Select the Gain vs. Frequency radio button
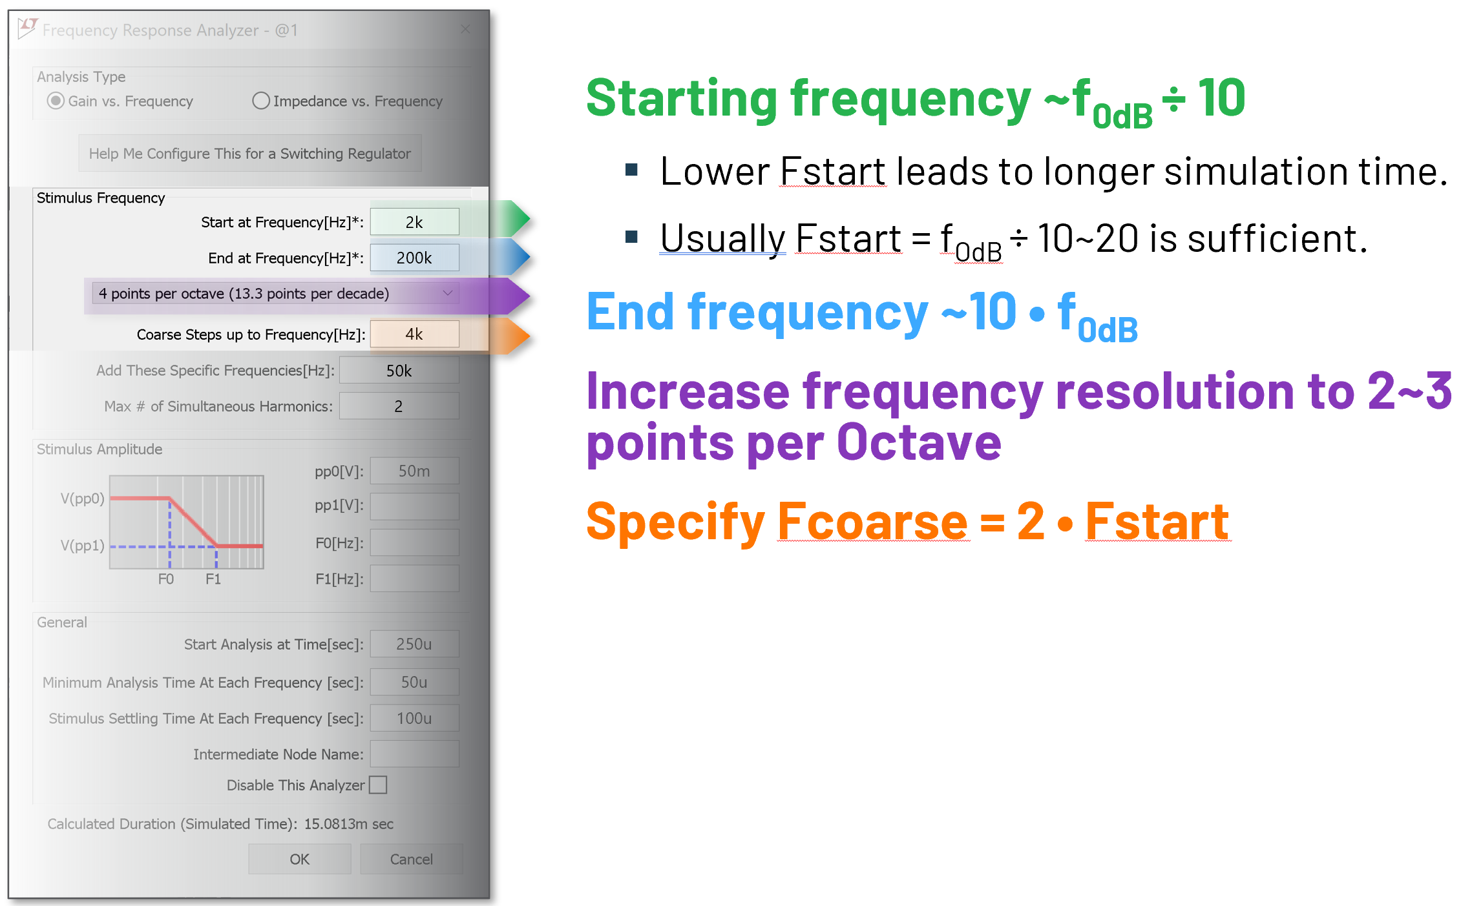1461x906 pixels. point(56,101)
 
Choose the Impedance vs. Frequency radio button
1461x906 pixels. point(261,101)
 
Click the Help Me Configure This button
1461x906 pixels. point(250,154)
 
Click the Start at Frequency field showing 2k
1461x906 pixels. point(414,222)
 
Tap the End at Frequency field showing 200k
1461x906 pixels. point(414,258)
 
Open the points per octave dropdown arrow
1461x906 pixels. point(448,293)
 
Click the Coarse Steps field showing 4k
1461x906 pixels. point(414,334)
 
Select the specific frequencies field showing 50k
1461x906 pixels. point(399,371)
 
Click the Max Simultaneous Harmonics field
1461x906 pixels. point(399,406)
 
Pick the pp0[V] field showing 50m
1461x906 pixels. point(414,471)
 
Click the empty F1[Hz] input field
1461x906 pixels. point(414,579)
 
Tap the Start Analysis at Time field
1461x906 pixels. point(414,644)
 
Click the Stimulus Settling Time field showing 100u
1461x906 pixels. point(414,718)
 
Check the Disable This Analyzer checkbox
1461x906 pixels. point(378,785)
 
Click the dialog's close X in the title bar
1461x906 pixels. point(465,30)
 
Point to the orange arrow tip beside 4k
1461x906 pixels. point(530,335)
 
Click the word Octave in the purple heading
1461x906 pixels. point(919,443)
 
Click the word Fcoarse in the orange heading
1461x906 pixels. point(873,521)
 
